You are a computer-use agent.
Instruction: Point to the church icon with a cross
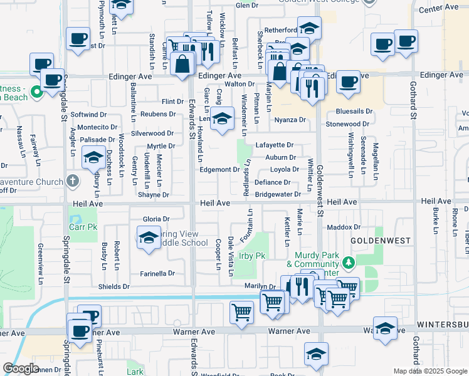coord(73,182)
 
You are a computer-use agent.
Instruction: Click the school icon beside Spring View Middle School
coord(149,238)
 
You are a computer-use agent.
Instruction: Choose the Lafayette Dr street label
coord(275,145)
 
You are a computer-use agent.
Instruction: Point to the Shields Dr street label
coord(113,286)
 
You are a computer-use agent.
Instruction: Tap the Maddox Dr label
coord(344,227)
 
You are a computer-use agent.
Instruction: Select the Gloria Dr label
coord(156,219)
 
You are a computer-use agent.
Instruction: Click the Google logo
coord(21,368)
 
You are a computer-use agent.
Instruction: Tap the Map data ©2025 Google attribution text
coord(429,371)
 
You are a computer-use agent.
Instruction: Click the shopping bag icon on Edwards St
coord(181,65)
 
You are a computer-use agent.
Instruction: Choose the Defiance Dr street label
coord(273,183)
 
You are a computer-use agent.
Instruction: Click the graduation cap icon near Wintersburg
coord(385,328)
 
